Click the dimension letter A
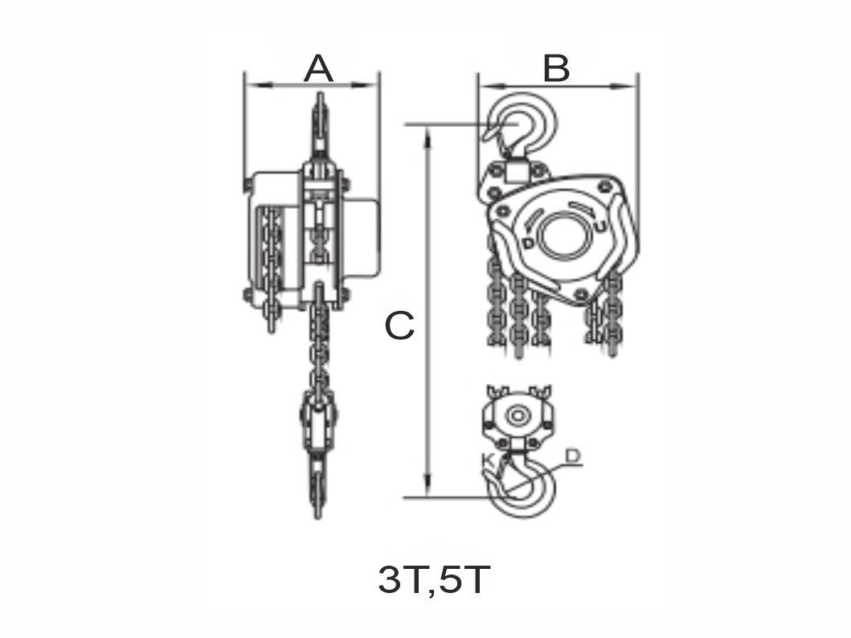(x=318, y=69)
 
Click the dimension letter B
(x=556, y=69)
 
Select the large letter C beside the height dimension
(x=399, y=326)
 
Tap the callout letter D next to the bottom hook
(x=572, y=456)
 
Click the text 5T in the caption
(x=464, y=581)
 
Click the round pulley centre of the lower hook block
(x=517, y=416)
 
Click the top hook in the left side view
(x=319, y=121)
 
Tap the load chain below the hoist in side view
(x=320, y=346)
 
